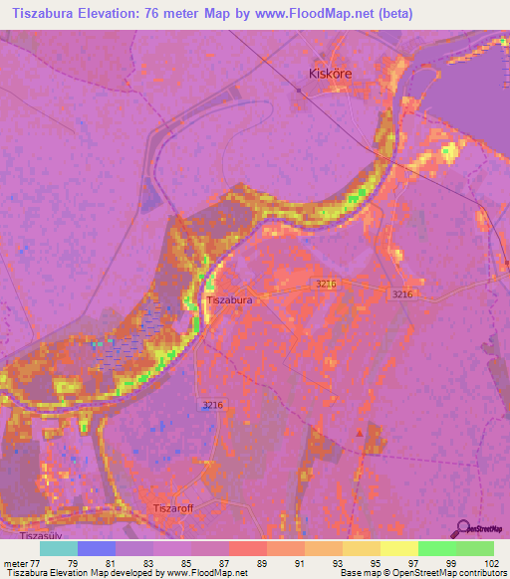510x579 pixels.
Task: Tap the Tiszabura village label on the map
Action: (x=228, y=298)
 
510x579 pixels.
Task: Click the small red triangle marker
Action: (x=360, y=434)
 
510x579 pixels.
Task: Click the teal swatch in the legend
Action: (x=59, y=548)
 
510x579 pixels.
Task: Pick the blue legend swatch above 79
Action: (x=97, y=548)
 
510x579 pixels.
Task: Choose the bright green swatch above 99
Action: (x=436, y=548)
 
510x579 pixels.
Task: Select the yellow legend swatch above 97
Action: (x=398, y=548)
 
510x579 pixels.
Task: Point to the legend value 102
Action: (x=490, y=562)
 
